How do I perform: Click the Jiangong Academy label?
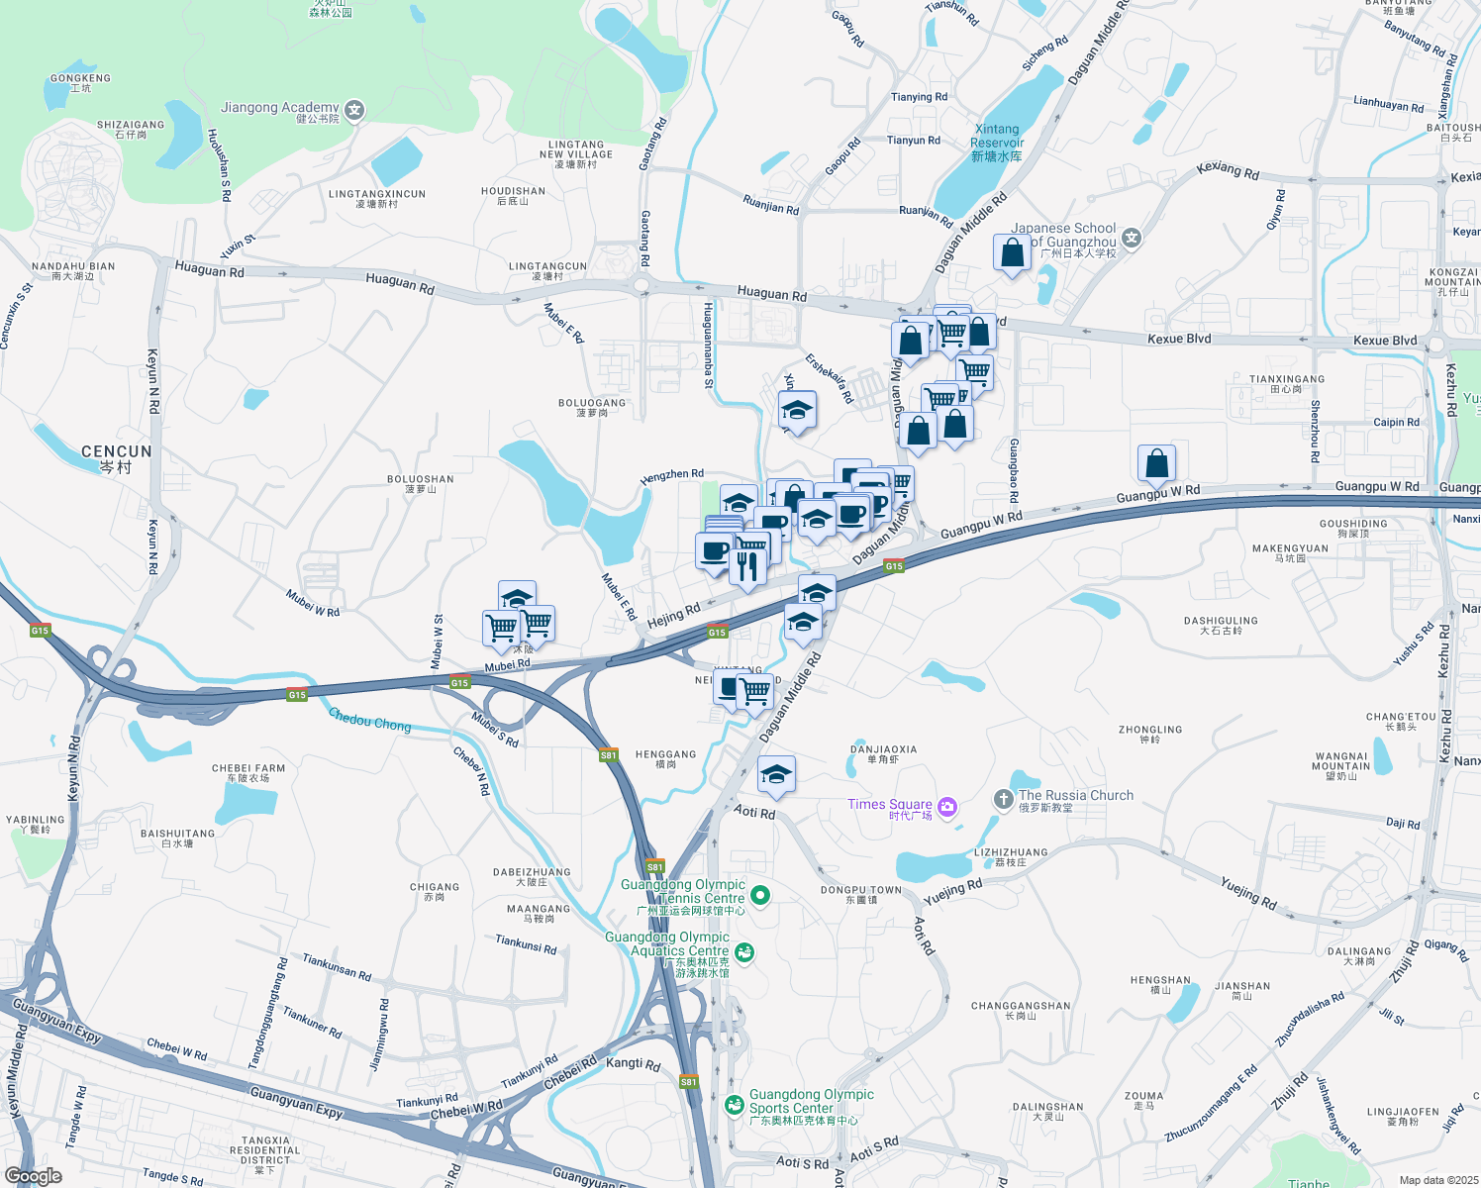click(x=280, y=108)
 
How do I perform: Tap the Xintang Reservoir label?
click(x=997, y=143)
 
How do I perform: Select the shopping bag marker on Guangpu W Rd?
click(x=1156, y=463)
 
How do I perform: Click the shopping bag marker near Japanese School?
click(x=1013, y=252)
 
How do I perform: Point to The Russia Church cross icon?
click(x=1004, y=799)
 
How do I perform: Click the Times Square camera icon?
click(x=946, y=807)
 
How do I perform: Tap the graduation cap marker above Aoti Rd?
click(x=777, y=774)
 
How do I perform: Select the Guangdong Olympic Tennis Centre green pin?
click(x=760, y=896)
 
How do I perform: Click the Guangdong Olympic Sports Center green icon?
click(x=735, y=1105)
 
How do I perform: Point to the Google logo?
click(x=33, y=1176)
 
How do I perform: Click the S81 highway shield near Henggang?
click(x=609, y=755)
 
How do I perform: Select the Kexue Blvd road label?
click(x=1178, y=339)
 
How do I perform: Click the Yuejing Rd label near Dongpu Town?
click(x=952, y=892)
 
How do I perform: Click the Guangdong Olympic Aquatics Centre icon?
click(x=744, y=952)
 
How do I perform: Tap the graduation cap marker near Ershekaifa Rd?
click(x=797, y=410)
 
